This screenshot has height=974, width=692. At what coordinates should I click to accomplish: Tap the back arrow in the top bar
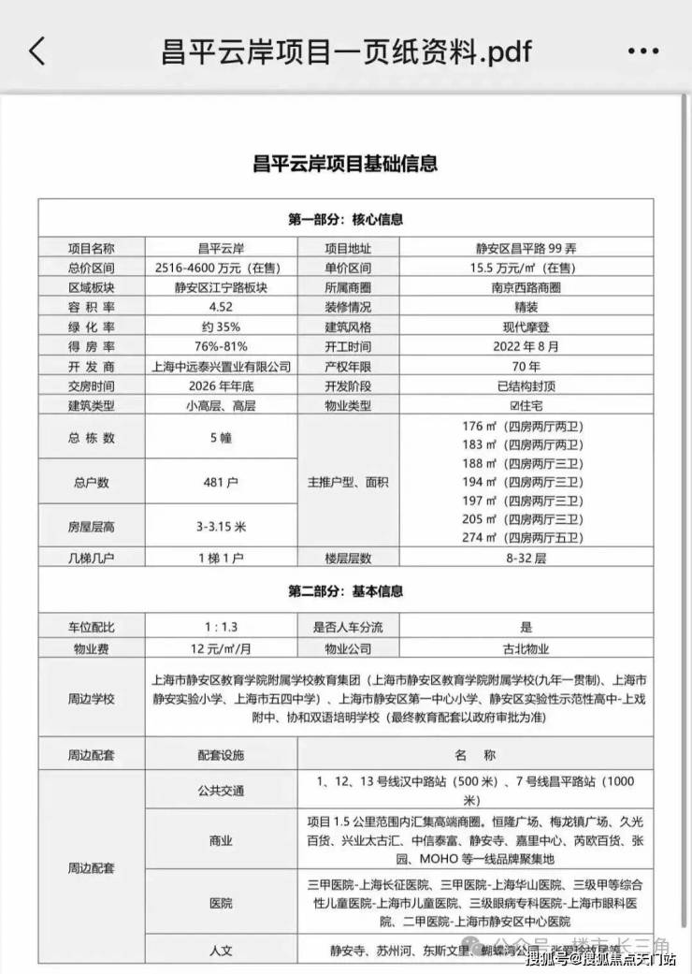tap(36, 51)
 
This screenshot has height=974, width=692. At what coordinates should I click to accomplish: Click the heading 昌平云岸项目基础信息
tap(345, 163)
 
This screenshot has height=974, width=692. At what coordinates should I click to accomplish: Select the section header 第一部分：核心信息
tap(345, 220)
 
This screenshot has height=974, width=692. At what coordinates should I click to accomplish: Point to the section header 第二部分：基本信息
tap(345, 591)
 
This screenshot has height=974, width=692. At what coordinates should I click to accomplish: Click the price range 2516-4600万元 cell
tap(220, 268)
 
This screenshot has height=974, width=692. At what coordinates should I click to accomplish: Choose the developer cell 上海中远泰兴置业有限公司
tap(220, 366)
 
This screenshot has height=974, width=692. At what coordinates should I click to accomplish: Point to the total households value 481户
tap(220, 483)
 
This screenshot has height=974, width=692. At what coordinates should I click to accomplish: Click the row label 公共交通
tap(220, 791)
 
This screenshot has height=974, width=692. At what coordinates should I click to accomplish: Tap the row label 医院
tap(220, 903)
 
